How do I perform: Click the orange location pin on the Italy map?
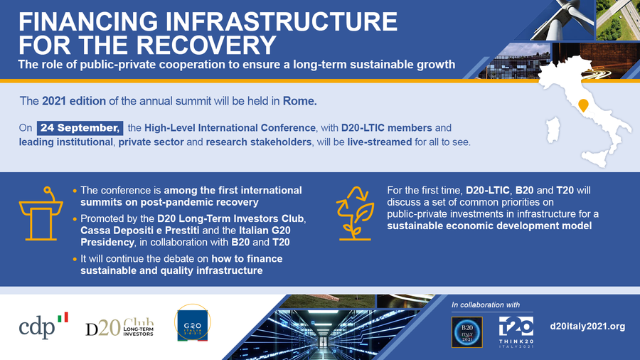[583, 105]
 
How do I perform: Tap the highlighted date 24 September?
[80, 128]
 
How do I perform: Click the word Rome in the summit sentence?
[299, 101]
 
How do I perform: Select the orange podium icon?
[41, 213]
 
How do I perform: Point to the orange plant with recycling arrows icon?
[355, 213]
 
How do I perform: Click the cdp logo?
[43, 326]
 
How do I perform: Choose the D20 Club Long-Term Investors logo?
[119, 327]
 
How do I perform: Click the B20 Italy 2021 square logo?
[467, 332]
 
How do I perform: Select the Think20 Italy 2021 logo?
[516, 332]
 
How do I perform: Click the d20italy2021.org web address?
[587, 326]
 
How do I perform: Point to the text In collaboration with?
[486, 305]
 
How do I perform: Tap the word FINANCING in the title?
[88, 21]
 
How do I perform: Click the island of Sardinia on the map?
[553, 129]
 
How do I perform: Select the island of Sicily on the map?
[595, 157]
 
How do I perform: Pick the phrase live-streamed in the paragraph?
[380, 142]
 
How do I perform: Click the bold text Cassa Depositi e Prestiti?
[140, 231]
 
